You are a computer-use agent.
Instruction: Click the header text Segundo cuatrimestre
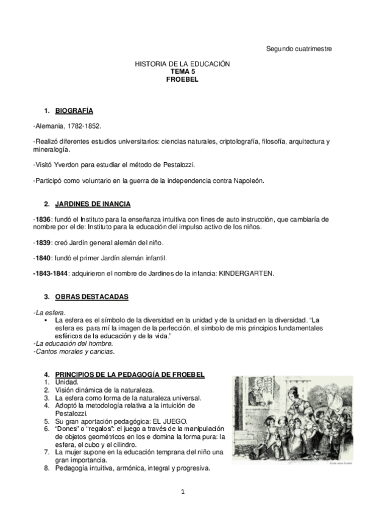click(x=299, y=49)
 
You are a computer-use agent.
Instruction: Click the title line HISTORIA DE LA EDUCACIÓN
click(x=182, y=64)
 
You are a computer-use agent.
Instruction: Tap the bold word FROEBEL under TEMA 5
click(x=182, y=79)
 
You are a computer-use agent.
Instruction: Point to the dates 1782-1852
click(x=84, y=126)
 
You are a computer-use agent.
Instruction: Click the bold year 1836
click(x=43, y=219)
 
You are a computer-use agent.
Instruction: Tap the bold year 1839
click(x=43, y=243)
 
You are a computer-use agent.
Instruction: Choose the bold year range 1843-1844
click(x=50, y=273)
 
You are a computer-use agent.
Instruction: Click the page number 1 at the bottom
click(x=182, y=491)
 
